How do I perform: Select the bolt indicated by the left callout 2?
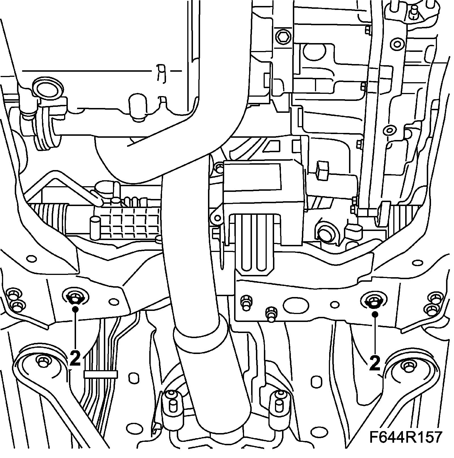75,298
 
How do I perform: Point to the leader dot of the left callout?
75,309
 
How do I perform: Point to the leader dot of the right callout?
375,314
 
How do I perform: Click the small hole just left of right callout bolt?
335,304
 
